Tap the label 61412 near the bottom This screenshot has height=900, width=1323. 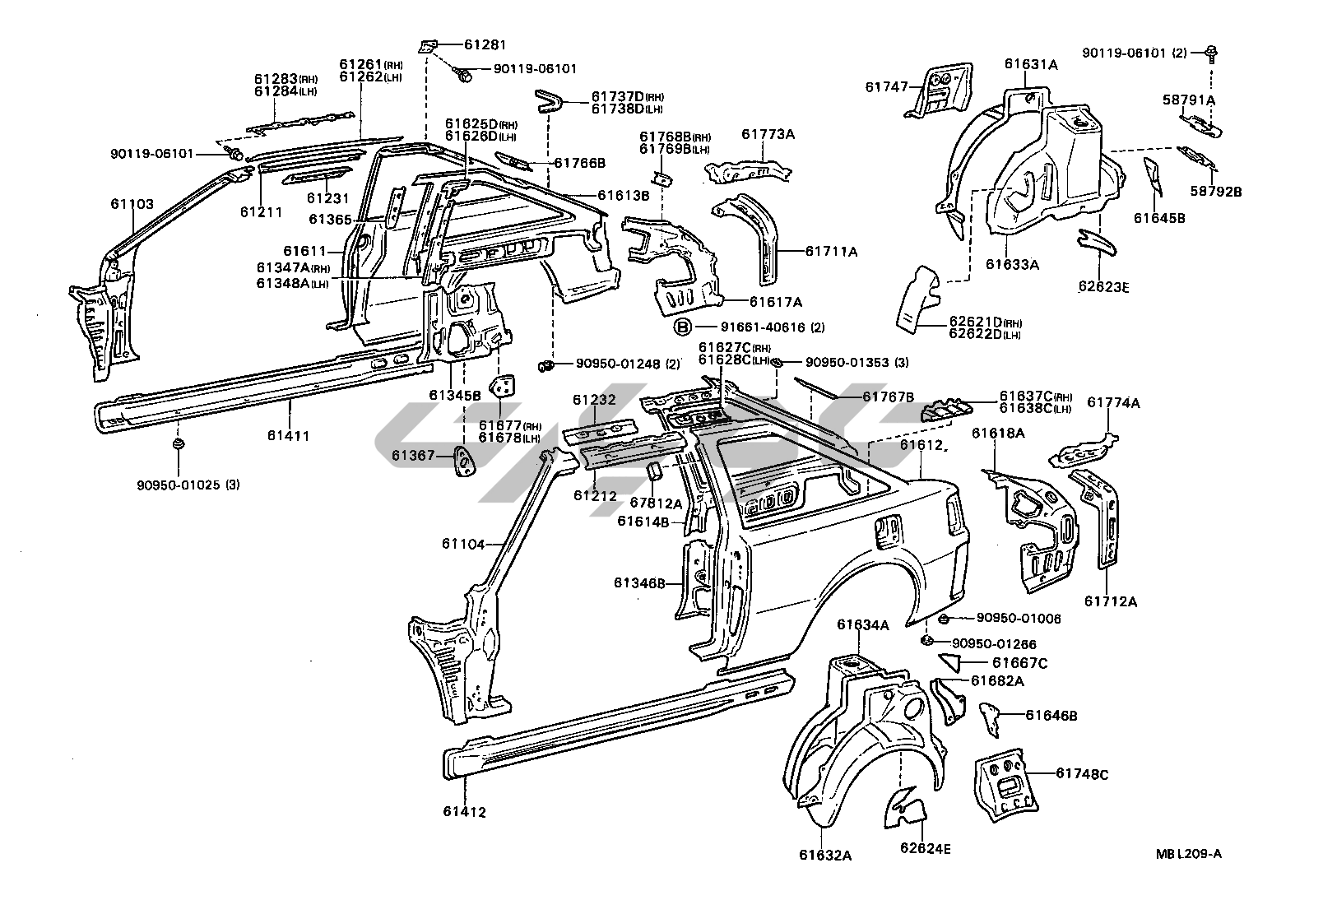pos(464,812)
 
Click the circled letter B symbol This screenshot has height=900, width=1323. pos(683,327)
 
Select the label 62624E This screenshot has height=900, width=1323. pos(926,849)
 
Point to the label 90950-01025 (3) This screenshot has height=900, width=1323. pos(188,485)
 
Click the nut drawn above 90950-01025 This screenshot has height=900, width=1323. pos(178,445)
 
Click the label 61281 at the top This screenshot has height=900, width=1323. pos(485,44)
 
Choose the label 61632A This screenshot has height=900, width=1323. pos(824,855)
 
